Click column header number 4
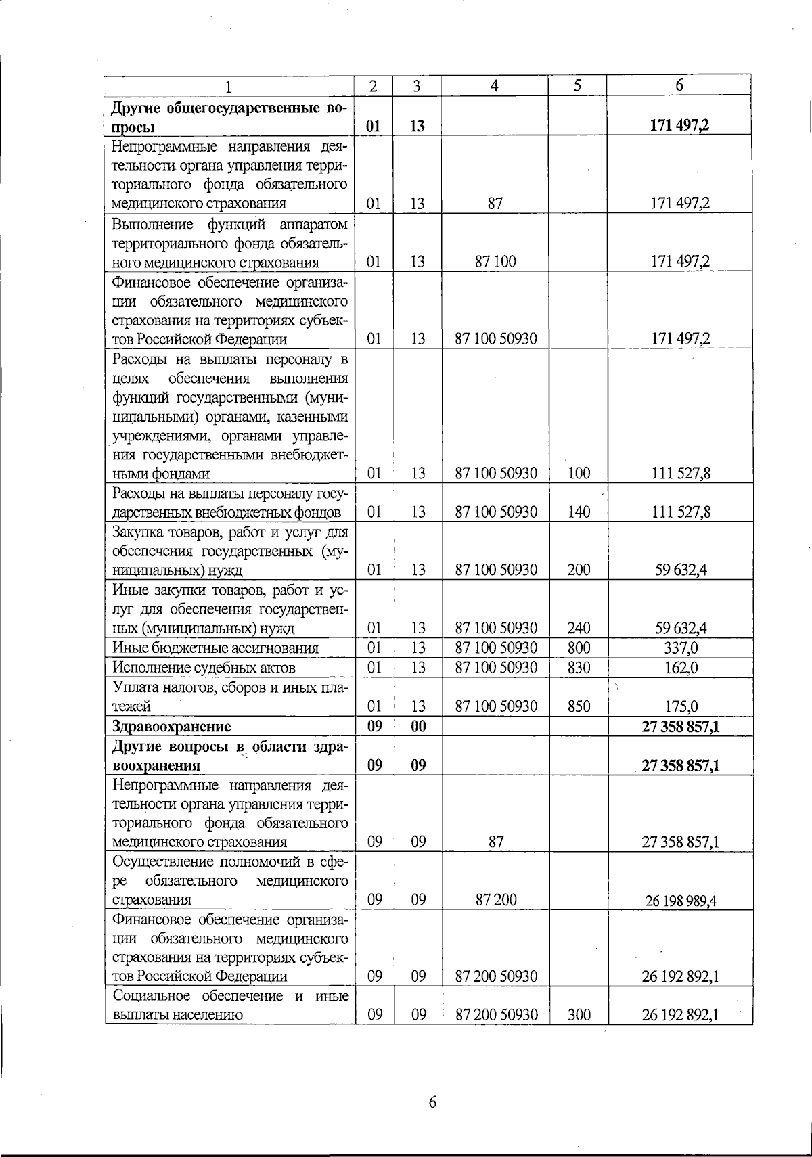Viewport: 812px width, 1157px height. click(x=495, y=86)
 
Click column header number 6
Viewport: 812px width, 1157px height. click(x=679, y=85)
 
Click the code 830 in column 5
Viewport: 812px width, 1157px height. click(x=579, y=668)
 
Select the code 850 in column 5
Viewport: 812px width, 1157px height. click(x=579, y=707)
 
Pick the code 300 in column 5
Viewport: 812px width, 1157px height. click(x=579, y=1015)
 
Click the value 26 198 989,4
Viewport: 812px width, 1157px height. click(x=680, y=901)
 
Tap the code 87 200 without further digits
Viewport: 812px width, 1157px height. click(x=495, y=900)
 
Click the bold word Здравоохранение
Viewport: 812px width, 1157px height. click(x=171, y=727)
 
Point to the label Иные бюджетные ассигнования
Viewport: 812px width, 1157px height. click(x=215, y=648)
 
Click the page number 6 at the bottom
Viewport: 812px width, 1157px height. click(x=433, y=1102)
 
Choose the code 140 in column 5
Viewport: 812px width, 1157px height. click(x=579, y=512)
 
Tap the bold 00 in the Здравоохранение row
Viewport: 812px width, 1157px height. click(x=418, y=727)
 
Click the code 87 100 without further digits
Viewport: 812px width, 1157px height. click(x=495, y=262)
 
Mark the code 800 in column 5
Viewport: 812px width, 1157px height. click(x=579, y=648)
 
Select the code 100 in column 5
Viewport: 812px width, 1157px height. click(x=579, y=474)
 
